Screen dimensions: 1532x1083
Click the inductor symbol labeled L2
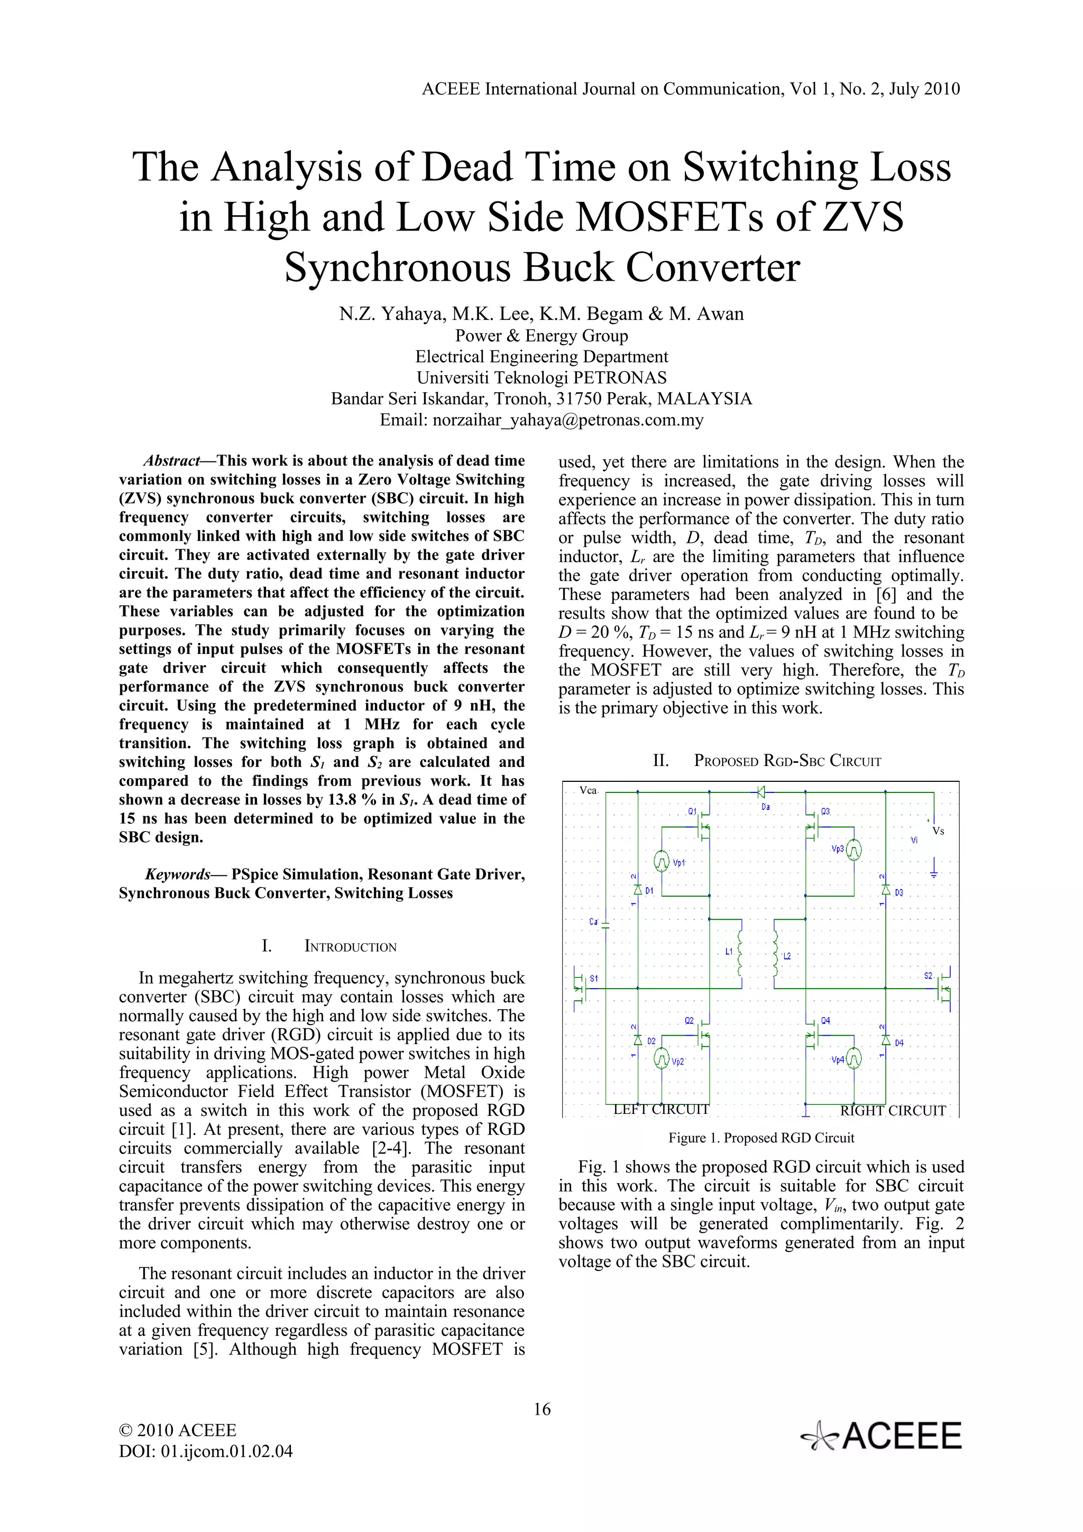tap(775, 954)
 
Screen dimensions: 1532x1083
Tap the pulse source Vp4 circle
tap(853, 1059)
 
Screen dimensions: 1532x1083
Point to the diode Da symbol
tap(761, 792)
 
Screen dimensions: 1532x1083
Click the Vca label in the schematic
tap(588, 791)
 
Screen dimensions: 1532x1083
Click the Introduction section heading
tap(350, 947)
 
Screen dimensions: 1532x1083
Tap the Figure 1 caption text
tap(761, 1138)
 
